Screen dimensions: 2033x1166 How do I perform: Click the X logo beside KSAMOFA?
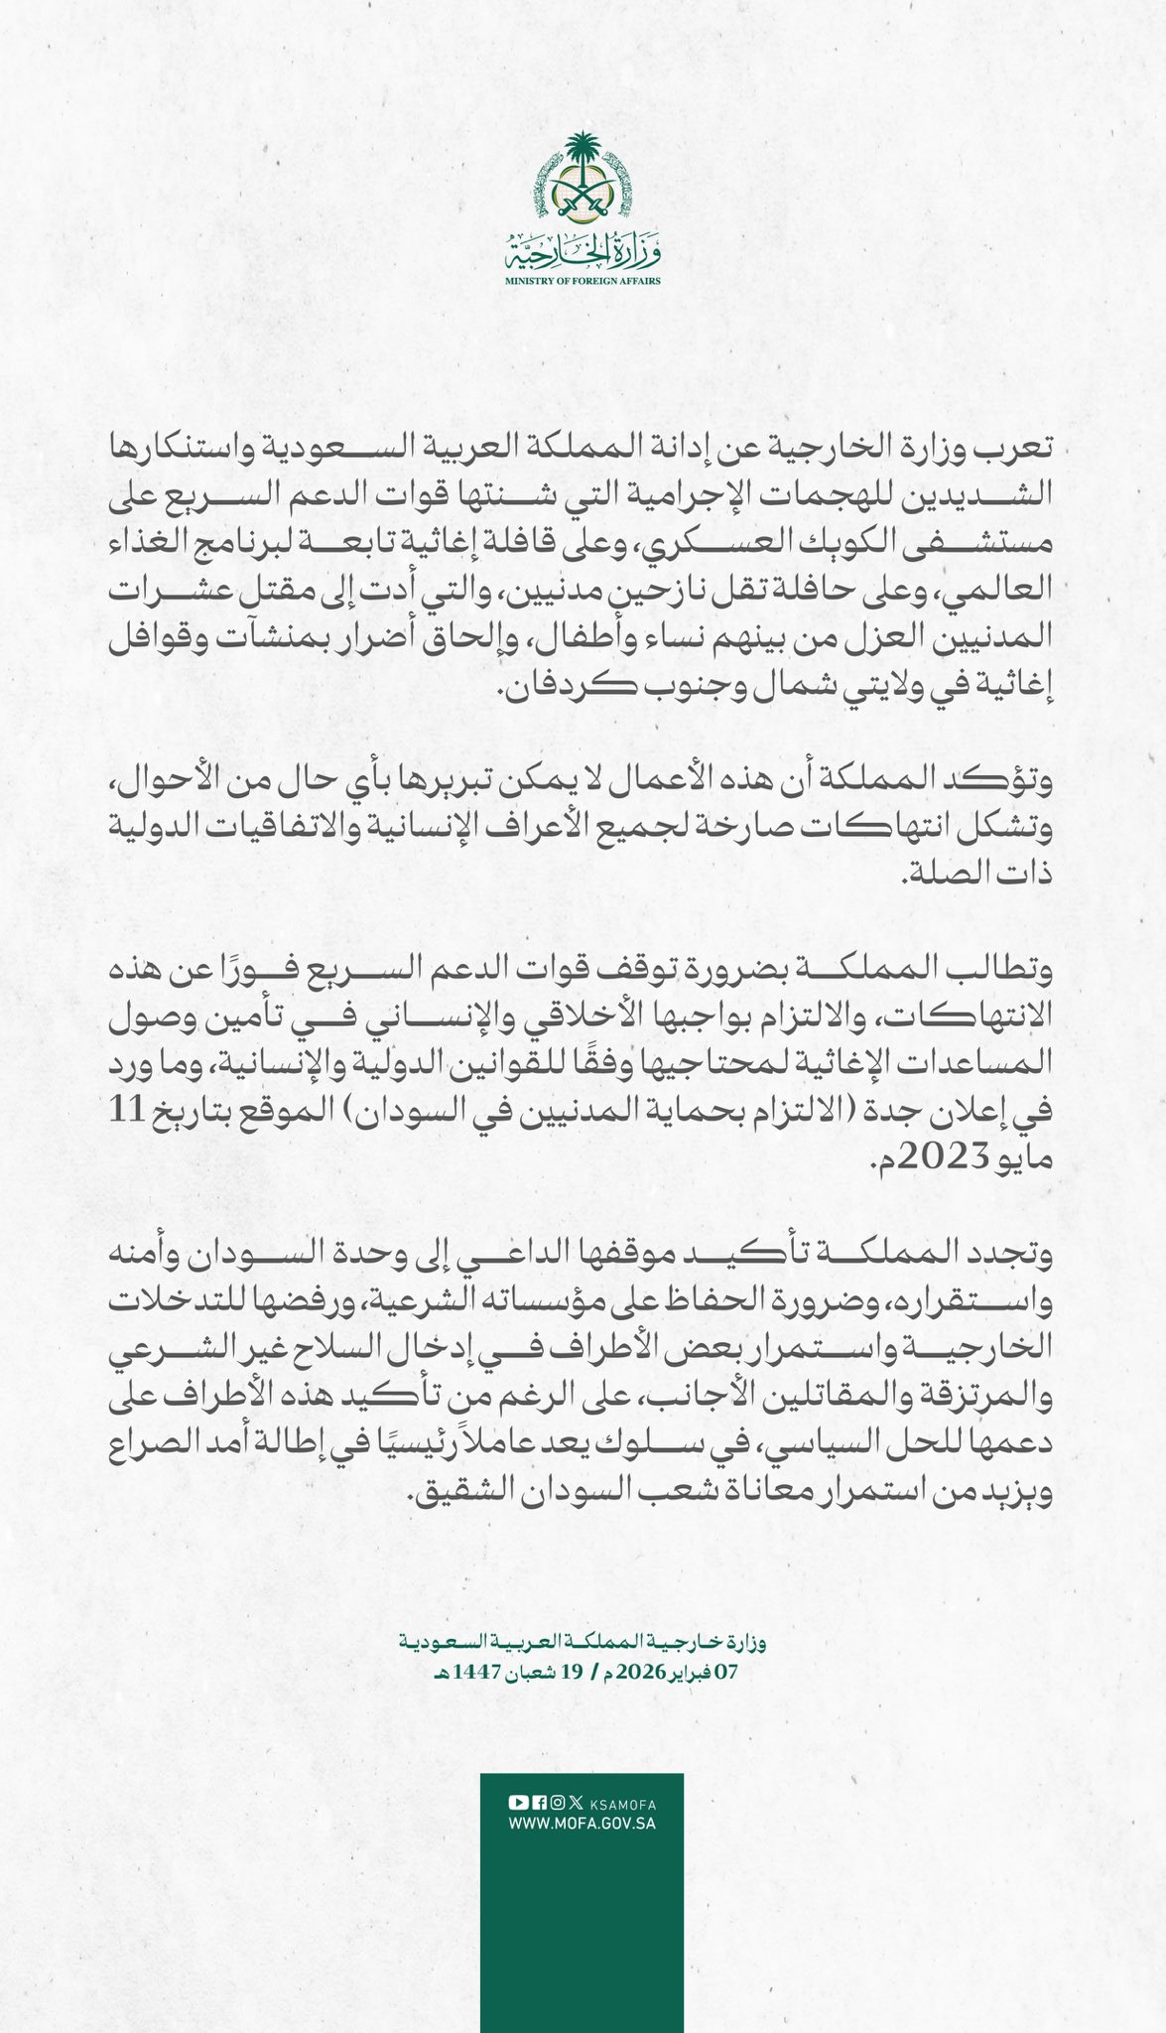pyautogui.click(x=576, y=1803)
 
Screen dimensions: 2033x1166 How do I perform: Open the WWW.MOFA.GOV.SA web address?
pyautogui.click(x=583, y=1824)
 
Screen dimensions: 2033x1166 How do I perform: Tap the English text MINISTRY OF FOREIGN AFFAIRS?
pyautogui.click(x=583, y=282)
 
